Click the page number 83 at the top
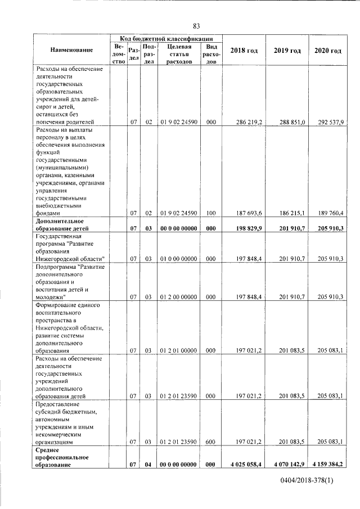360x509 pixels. pyautogui.click(x=196, y=26)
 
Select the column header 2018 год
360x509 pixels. pyautogui.click(x=245, y=51)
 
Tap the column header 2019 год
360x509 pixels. pyautogui.click(x=287, y=51)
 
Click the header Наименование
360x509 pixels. pyautogui.click(x=71, y=51)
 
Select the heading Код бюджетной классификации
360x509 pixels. pyautogui.click(x=166, y=38)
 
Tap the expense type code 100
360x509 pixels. pyautogui.click(x=211, y=213)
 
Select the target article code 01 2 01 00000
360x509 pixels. pyautogui.click(x=178, y=350)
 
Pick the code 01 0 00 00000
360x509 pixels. pyautogui.click(x=178, y=259)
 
